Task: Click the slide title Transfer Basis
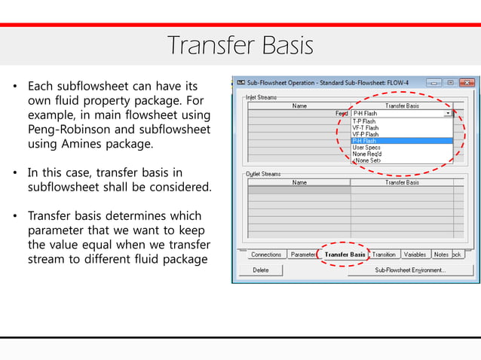point(240,46)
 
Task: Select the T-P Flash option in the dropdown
point(364,121)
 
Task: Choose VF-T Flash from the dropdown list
point(365,127)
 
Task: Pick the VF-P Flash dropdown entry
point(365,134)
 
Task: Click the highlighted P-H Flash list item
point(365,141)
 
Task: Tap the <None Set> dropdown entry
point(366,160)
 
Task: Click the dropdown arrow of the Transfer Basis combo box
point(448,113)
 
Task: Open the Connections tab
point(266,255)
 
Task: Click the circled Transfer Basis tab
point(345,255)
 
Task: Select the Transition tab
point(384,255)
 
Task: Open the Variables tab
point(415,255)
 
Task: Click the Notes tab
point(441,255)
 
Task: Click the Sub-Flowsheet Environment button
point(410,270)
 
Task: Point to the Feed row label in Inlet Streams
point(341,113)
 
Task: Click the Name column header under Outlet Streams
point(299,182)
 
